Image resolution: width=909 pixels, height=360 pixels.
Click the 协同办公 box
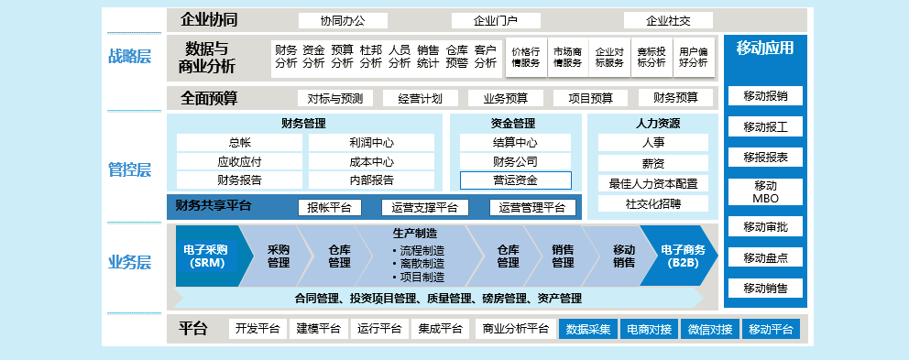tap(344, 20)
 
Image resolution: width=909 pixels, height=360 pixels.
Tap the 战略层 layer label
tap(129, 56)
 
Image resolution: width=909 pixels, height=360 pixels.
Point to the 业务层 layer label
tap(129, 263)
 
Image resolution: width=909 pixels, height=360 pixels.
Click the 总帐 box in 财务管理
tap(239, 143)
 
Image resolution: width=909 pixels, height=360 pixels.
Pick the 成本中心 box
tap(371, 161)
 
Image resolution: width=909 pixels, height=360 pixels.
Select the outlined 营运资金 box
tap(515, 180)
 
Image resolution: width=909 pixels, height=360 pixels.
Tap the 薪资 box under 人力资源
tap(653, 162)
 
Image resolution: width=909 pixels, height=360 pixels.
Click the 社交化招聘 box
tap(653, 203)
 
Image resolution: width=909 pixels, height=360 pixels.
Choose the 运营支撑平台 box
tap(424, 207)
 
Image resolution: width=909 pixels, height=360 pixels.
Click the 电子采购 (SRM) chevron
tap(205, 256)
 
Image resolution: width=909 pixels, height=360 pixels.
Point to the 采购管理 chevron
tap(278, 256)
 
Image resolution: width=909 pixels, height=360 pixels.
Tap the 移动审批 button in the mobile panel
tap(765, 226)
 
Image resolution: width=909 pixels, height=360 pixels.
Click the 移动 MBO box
tap(765, 191)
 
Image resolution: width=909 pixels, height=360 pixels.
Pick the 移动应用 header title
tap(765, 49)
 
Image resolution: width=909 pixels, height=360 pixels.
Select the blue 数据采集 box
tap(587, 329)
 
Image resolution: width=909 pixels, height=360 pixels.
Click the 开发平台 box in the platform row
tap(257, 329)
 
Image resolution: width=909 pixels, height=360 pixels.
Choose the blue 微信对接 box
tap(710, 329)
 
